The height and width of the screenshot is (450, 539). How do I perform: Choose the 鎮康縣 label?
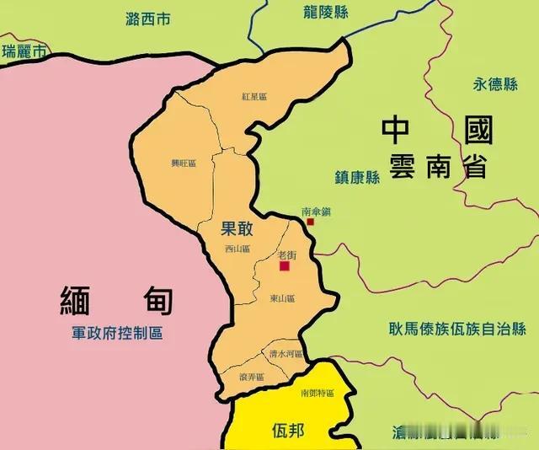(356, 176)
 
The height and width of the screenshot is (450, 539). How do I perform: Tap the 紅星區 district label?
(253, 98)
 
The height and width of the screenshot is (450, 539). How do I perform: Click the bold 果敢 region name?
(237, 228)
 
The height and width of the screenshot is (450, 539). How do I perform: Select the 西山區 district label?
(238, 249)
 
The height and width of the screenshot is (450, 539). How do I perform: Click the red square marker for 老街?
(285, 266)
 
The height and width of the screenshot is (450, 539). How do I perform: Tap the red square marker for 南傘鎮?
(311, 222)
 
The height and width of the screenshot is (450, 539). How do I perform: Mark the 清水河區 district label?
(286, 355)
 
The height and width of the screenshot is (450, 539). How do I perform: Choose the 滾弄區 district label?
(252, 377)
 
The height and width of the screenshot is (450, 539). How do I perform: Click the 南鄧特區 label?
(317, 394)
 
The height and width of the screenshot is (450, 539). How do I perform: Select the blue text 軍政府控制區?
(117, 333)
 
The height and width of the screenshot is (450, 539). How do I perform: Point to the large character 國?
(478, 131)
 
